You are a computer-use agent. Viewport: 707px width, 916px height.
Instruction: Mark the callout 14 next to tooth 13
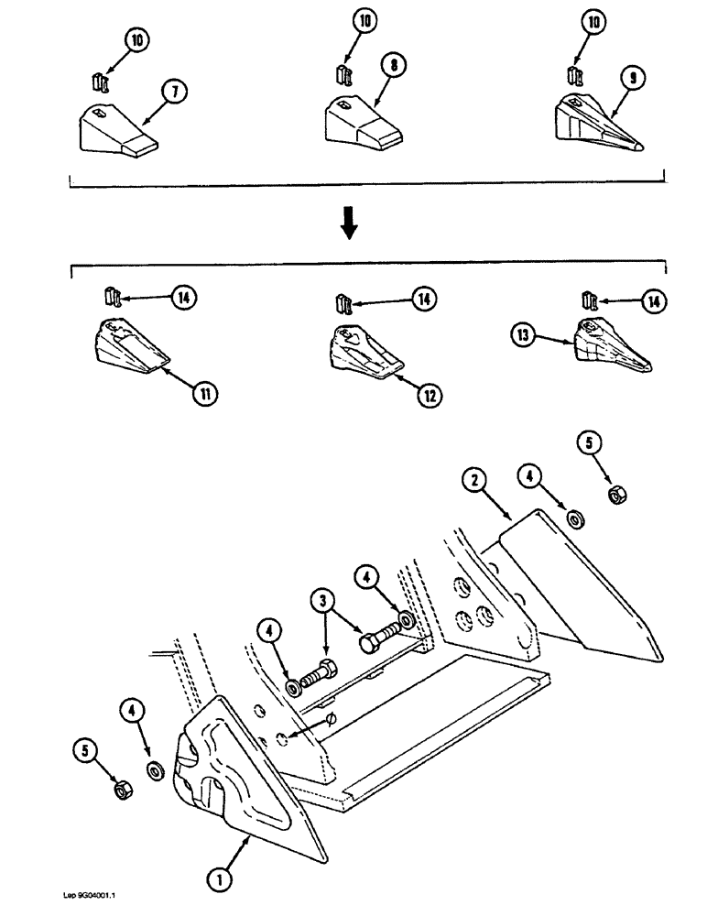[653, 300]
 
